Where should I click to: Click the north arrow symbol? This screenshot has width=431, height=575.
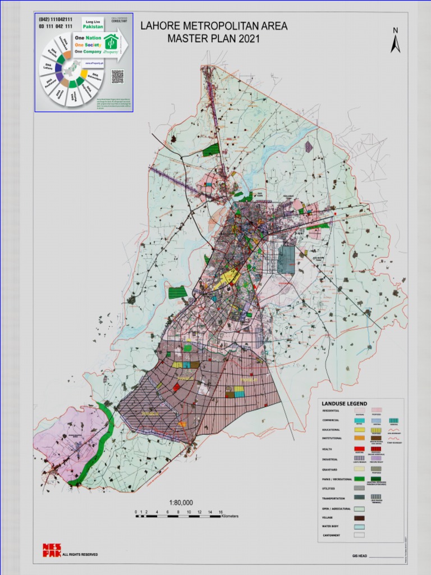click(x=396, y=41)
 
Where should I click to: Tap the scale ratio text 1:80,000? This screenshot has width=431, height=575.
click(x=181, y=503)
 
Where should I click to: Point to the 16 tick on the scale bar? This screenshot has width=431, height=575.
click(x=221, y=512)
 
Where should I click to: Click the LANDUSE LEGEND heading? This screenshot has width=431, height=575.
click(x=344, y=403)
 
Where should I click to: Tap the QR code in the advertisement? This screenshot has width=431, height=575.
click(x=117, y=76)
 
